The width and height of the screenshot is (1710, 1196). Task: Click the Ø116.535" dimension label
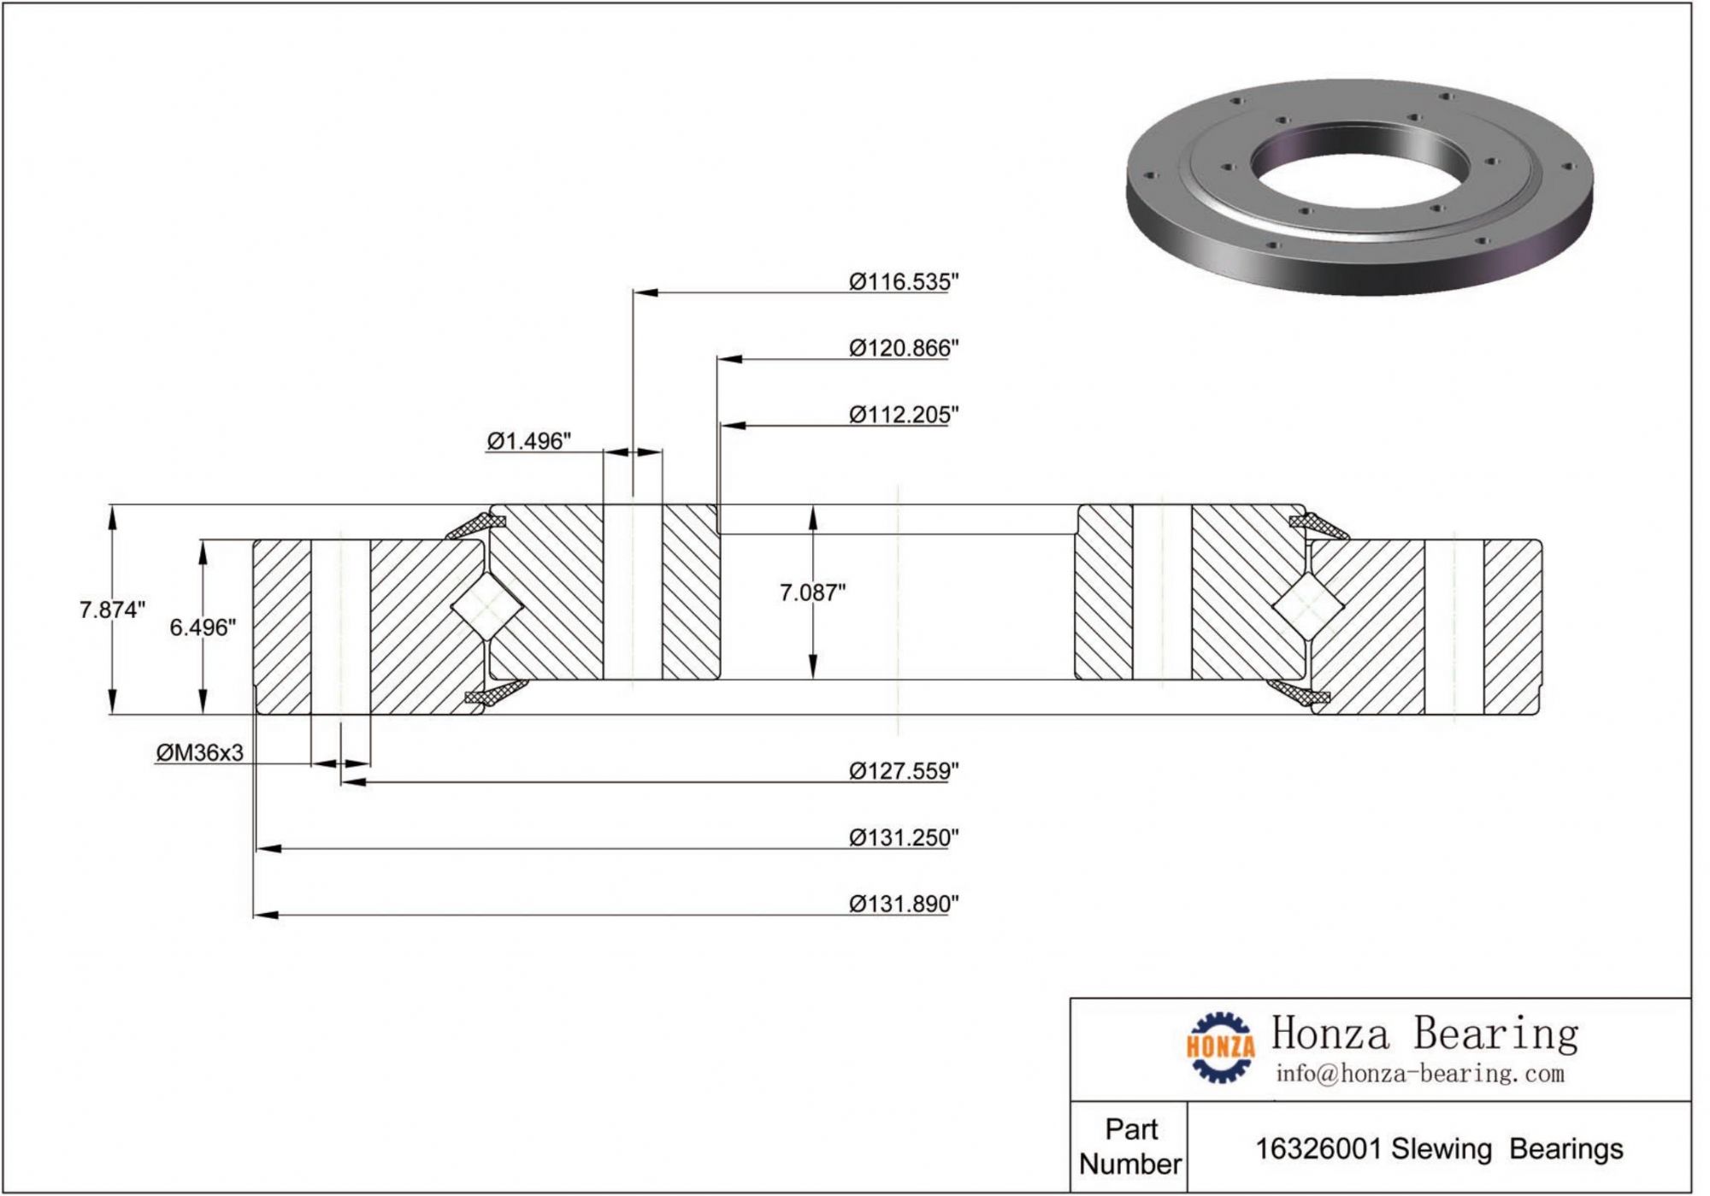(903, 282)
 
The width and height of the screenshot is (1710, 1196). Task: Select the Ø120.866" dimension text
(903, 349)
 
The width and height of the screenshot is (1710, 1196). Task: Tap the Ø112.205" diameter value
(903, 415)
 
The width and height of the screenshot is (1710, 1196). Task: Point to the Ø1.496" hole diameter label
(528, 441)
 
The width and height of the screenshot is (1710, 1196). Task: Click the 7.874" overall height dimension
(112, 610)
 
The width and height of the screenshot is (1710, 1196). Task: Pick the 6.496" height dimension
(202, 628)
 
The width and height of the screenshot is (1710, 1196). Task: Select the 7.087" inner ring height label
(812, 592)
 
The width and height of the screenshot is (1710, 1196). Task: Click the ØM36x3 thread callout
(199, 753)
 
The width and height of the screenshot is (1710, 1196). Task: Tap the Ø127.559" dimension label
(903, 772)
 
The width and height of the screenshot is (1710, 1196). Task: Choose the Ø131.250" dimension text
(903, 839)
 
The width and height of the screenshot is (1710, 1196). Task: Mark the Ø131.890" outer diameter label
(903, 904)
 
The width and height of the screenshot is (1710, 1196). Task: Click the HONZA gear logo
(1220, 1047)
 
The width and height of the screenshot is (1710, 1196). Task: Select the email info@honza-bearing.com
(1419, 1075)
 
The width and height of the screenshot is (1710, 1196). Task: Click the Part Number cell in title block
(1129, 1147)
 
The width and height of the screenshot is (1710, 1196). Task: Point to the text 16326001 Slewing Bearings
(1439, 1150)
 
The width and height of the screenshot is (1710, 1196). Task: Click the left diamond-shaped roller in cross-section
(486, 607)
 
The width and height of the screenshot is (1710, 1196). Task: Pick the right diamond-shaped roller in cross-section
(1306, 607)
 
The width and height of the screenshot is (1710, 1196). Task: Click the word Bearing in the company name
(1495, 1034)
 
